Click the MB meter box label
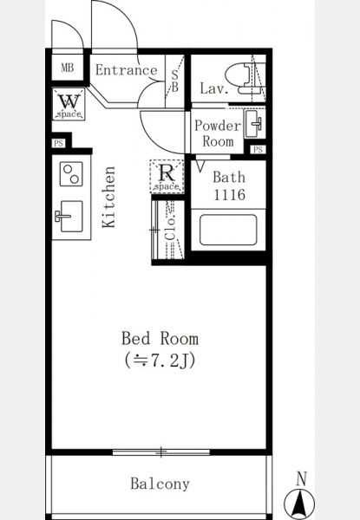point(68,68)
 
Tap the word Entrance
point(126,70)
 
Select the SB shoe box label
point(174,81)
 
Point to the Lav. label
point(214,88)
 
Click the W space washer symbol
point(69,104)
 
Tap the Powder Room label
point(218,133)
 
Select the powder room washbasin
point(255,124)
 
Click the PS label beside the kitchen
point(58,144)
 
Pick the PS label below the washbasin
point(258,150)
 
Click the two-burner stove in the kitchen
point(71,174)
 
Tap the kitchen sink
point(69,216)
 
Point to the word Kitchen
point(108,197)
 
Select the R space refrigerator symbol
point(167,177)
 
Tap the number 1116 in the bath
point(229,195)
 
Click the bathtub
point(228,230)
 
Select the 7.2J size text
point(160,361)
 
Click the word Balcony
point(160,484)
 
